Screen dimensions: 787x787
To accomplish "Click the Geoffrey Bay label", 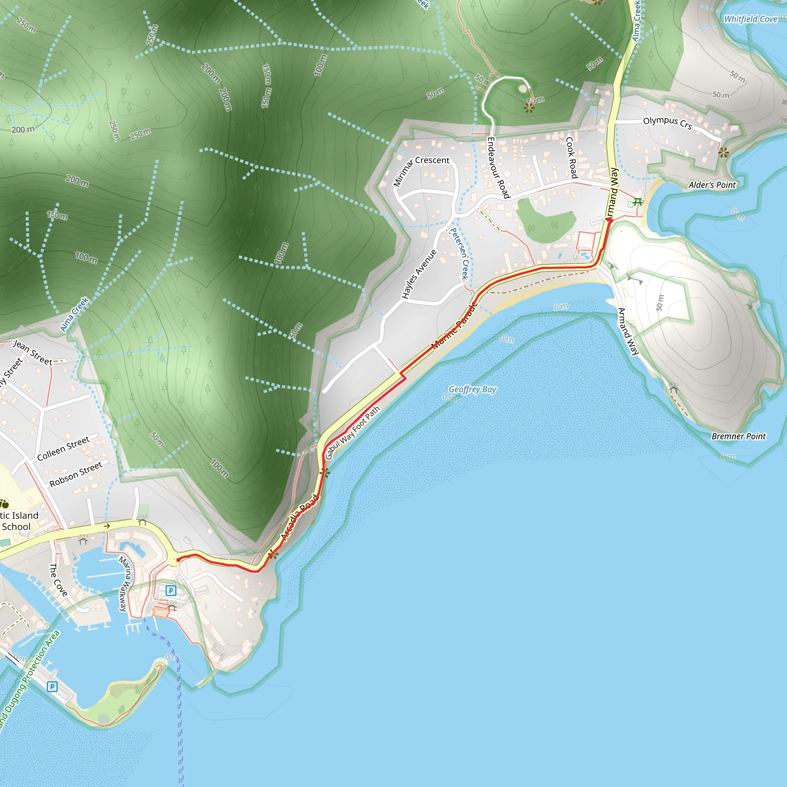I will [472, 389].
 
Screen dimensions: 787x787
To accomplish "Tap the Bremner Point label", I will [738, 436].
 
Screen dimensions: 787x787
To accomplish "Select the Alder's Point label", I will [712, 185].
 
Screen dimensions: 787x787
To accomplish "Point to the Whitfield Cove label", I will [750, 19].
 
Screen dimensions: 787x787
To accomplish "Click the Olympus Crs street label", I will [667, 122].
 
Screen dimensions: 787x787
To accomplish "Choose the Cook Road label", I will [571, 157].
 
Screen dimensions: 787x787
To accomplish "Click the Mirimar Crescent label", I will [420, 170].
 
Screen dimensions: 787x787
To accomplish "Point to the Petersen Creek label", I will [460, 253].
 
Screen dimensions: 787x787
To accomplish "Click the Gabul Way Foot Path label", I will [352, 433].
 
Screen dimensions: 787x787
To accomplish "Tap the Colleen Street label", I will [63, 448].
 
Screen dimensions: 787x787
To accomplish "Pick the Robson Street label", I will [76, 474].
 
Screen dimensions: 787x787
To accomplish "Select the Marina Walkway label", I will [125, 584].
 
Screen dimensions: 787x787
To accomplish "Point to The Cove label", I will [58, 579].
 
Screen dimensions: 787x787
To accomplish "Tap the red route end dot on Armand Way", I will [610, 220].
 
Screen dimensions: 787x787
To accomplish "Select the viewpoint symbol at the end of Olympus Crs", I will [724, 153].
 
